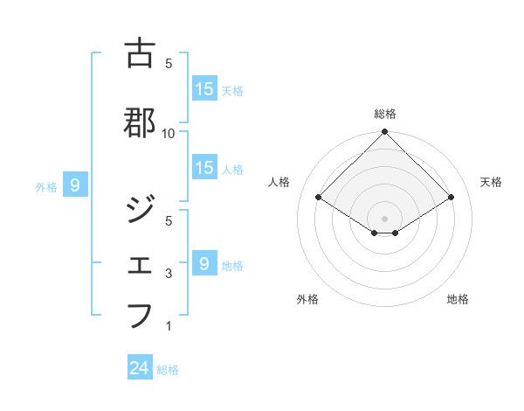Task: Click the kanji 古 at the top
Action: point(140,53)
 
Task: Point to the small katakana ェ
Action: point(140,263)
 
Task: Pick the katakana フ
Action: point(140,315)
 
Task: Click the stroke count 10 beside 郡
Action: point(169,133)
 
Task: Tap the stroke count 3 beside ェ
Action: point(169,274)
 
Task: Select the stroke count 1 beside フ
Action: point(169,326)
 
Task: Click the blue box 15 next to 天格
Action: point(204,88)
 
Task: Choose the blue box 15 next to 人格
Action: point(204,168)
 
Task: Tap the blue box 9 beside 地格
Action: point(204,263)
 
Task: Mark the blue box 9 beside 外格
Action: point(76,185)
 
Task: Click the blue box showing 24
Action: point(140,368)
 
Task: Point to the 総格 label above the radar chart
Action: point(385,114)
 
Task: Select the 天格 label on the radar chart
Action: point(491,182)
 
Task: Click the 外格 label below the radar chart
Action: point(307,299)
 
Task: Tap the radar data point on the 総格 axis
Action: point(385,133)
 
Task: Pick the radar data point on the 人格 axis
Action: point(318,197)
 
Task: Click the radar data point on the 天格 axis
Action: point(452,197)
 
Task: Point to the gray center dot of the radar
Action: point(385,218)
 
